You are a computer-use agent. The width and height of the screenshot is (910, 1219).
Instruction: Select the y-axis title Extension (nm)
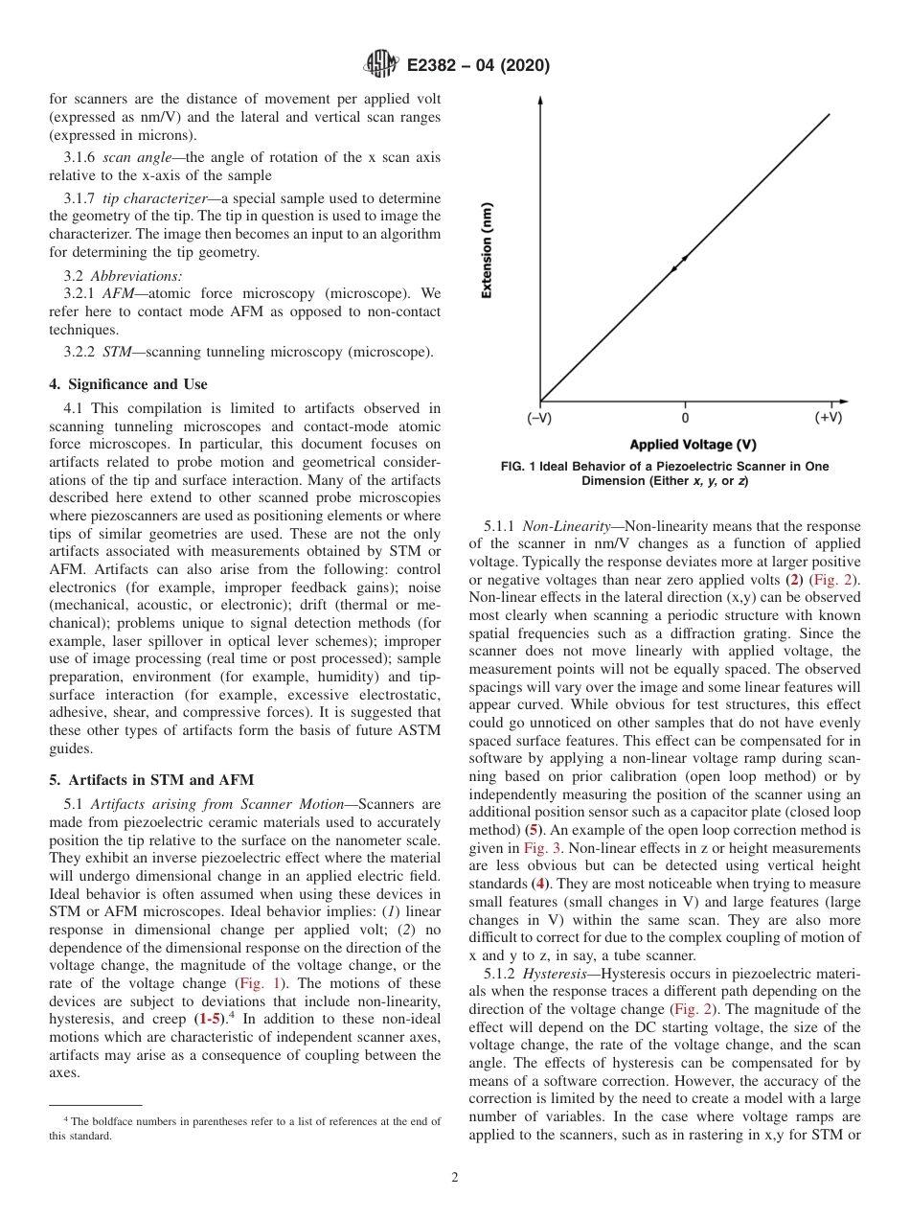(488, 251)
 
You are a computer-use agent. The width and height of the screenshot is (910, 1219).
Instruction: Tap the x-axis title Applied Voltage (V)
(693, 445)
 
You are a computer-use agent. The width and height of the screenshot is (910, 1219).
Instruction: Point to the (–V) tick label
(539, 418)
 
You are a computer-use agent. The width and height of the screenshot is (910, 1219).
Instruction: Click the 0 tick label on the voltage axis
(685, 418)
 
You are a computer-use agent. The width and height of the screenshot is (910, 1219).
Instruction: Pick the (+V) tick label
(829, 418)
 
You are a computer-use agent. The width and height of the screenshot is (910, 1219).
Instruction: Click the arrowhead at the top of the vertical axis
(541, 100)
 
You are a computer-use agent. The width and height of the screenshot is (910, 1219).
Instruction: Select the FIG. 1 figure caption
(665, 473)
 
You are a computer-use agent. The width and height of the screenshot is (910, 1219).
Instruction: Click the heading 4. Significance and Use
(127, 384)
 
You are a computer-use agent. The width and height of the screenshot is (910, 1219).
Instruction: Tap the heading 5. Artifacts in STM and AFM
(151, 779)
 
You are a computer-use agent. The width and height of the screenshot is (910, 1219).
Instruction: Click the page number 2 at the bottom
(455, 1178)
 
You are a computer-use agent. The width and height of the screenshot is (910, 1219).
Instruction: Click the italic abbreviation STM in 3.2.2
(116, 352)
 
